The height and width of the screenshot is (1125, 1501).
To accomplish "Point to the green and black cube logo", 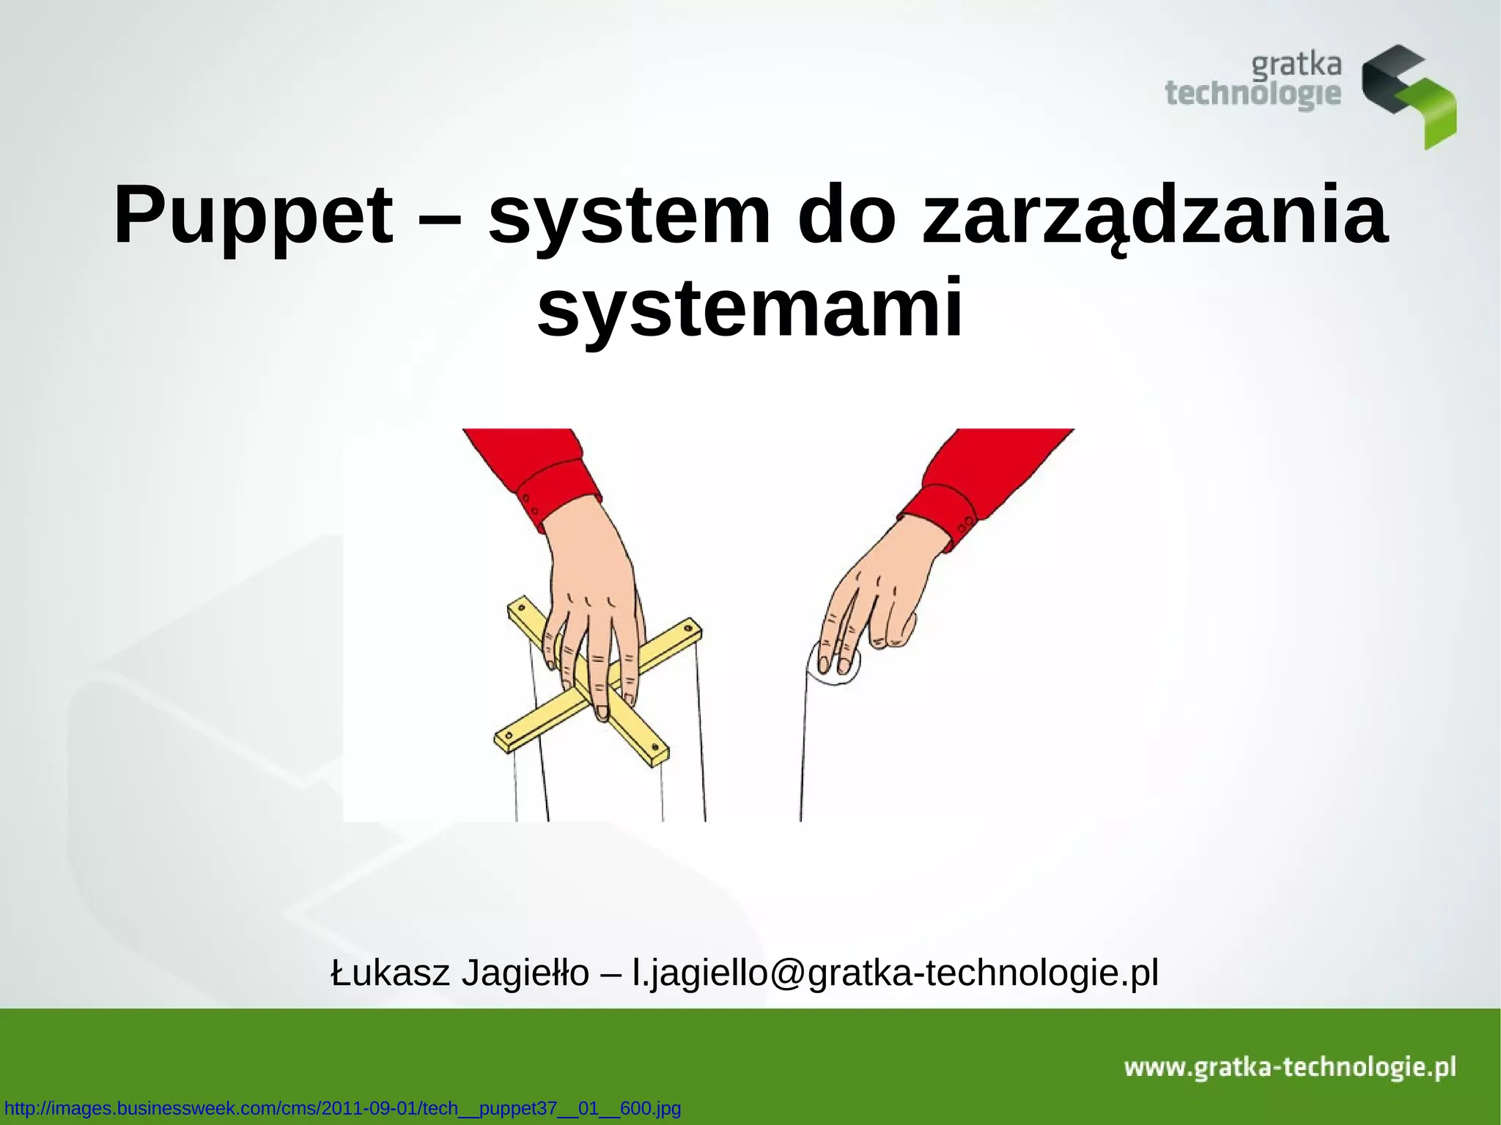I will click(1408, 95).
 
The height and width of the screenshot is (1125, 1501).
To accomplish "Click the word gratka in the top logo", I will click(1296, 66).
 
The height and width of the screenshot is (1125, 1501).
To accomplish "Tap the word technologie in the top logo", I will click(1253, 95).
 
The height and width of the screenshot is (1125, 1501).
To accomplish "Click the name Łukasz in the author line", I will click(389, 973).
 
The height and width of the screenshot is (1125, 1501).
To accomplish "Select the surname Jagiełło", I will click(525, 973).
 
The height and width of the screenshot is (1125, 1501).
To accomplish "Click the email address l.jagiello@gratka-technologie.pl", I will click(895, 973).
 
